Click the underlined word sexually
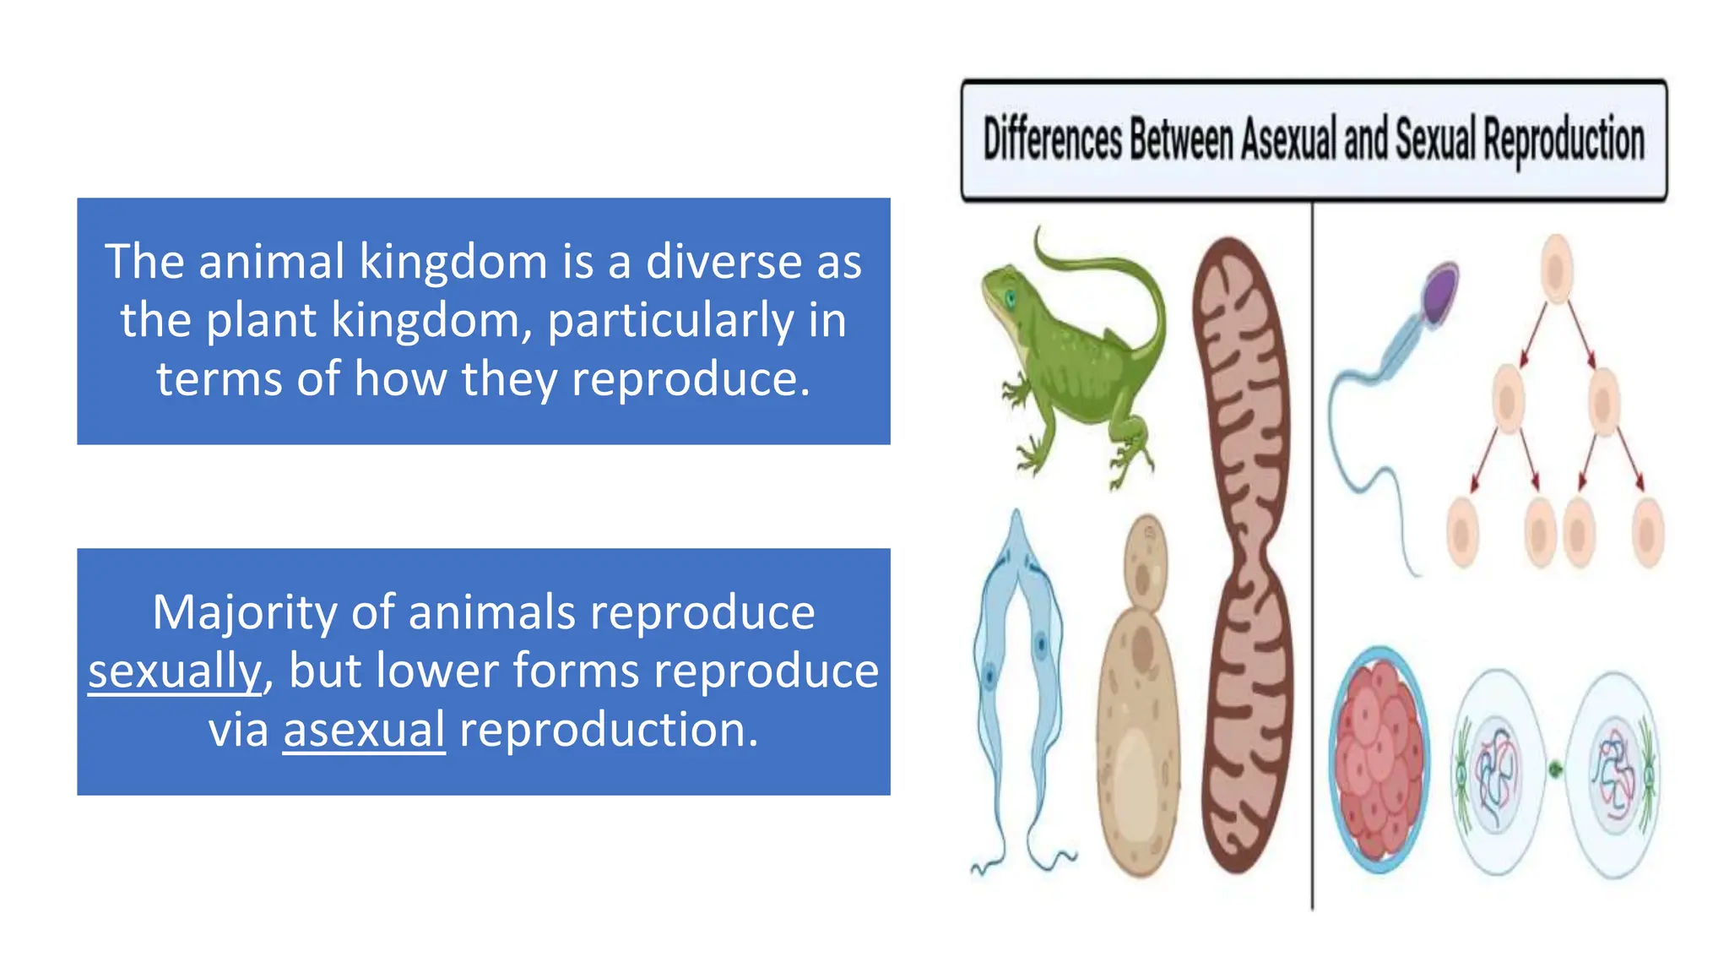pos(175,671)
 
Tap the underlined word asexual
pos(364,730)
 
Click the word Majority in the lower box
pos(244,612)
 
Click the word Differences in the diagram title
pos(1053,140)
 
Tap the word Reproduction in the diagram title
pos(1564,140)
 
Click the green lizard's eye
pos(1010,297)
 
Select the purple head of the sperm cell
pos(1441,292)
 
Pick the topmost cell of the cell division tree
pos(1556,269)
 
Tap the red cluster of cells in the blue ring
pos(1380,758)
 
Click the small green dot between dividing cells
pos(1555,769)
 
